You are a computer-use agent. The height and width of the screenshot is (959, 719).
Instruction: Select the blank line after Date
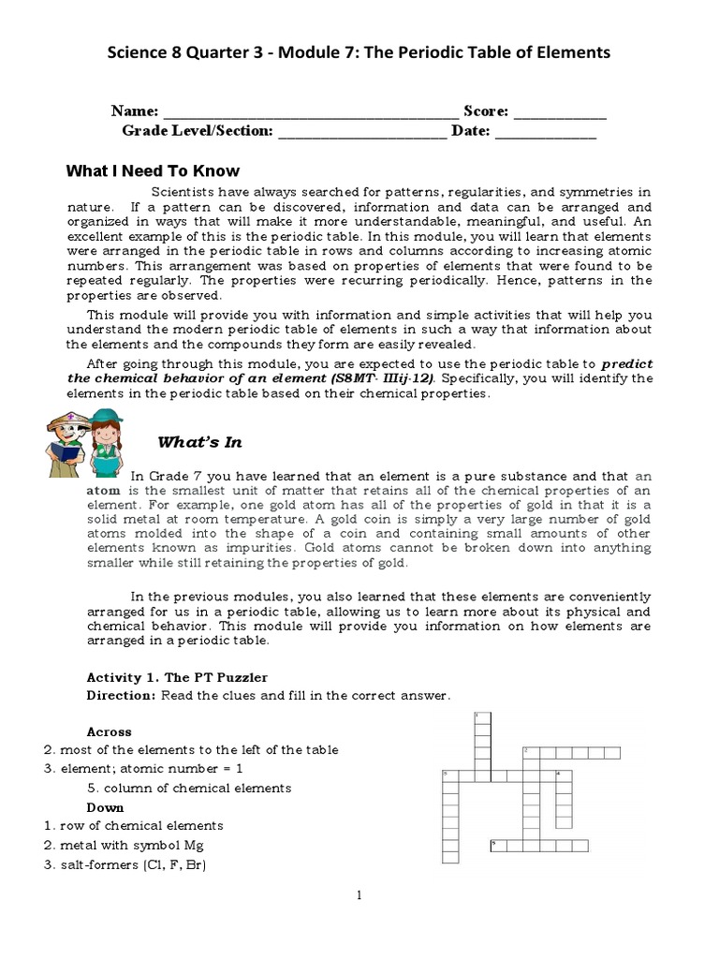click(545, 134)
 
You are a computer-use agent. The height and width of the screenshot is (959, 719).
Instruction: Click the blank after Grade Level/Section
click(362, 134)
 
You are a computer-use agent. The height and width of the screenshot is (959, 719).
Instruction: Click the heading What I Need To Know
click(153, 170)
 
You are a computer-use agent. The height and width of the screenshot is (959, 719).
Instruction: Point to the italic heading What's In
click(199, 442)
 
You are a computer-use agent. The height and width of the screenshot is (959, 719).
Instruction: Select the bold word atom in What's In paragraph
click(104, 490)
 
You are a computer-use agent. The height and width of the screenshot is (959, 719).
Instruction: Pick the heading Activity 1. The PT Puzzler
click(177, 677)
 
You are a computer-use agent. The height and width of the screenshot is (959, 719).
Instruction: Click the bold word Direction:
click(121, 695)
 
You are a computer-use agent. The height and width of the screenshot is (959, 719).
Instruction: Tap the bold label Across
click(110, 731)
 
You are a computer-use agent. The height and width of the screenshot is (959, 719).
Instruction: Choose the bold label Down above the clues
click(105, 807)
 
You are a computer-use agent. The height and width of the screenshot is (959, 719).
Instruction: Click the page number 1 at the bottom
click(359, 896)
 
